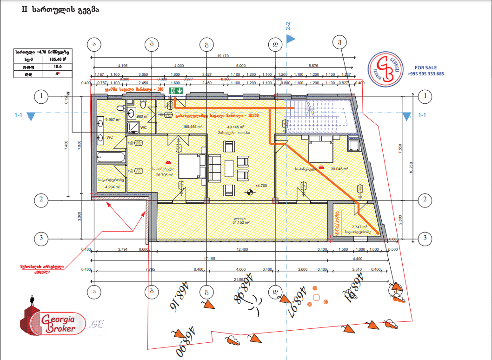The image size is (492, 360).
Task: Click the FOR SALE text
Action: point(426,67)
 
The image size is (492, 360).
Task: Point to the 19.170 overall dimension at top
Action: point(224,56)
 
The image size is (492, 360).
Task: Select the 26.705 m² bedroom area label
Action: point(165,175)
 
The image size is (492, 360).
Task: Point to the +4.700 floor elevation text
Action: point(261,186)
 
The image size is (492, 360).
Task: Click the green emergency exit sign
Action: point(175,90)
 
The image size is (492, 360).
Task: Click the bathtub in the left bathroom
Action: point(112,158)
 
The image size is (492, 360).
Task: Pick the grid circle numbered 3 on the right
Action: point(425,239)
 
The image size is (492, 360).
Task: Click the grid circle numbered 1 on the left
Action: point(42,96)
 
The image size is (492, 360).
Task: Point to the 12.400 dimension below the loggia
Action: point(241,250)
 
